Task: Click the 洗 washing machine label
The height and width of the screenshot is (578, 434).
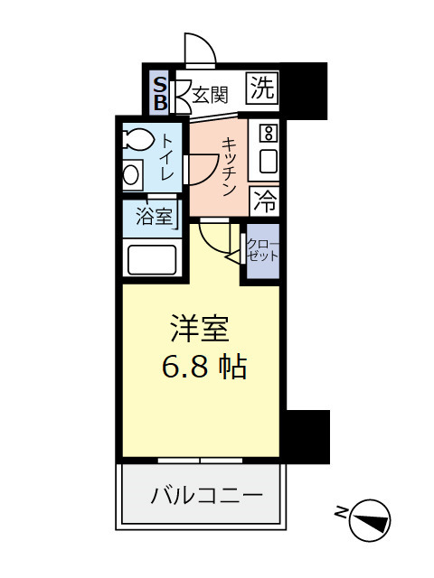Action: pos(262,89)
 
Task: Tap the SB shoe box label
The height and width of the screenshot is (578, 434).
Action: pos(159,93)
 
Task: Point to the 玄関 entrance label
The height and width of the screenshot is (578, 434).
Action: pos(209,94)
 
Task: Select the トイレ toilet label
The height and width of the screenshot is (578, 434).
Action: pos(168,154)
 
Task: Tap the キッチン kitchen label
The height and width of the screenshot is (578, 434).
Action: pos(230,166)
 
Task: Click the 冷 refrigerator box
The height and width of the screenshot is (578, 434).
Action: pos(264,200)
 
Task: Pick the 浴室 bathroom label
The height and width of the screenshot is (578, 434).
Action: pos(153,217)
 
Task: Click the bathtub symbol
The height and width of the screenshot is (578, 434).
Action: pos(152,258)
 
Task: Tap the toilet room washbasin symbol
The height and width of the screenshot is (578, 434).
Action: pos(133,174)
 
